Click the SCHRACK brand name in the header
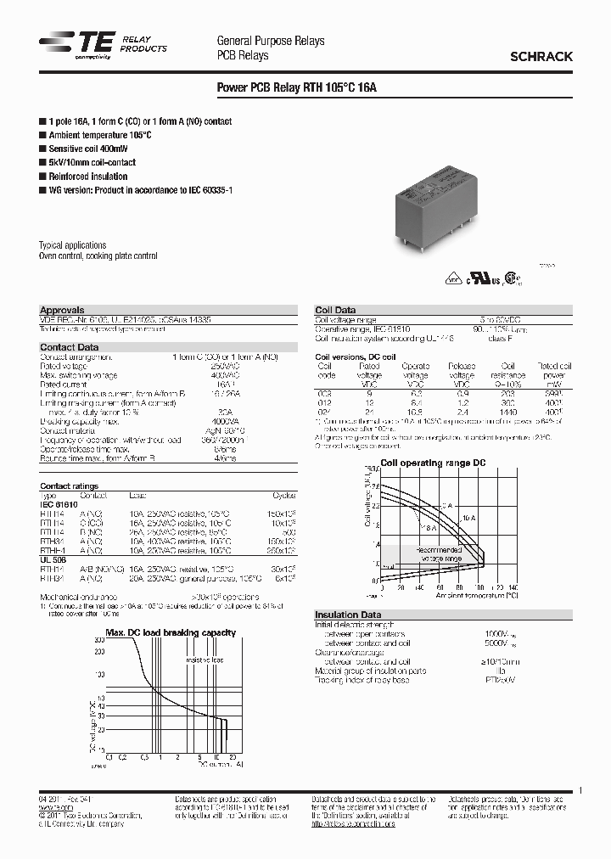pos(541,56)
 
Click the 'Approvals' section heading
pos(62,311)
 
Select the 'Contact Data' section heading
pos(69,347)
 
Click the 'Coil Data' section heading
pos(335,311)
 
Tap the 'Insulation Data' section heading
pos(348,615)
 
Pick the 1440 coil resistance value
pos(508,409)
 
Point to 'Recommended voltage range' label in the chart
pos(439,555)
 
